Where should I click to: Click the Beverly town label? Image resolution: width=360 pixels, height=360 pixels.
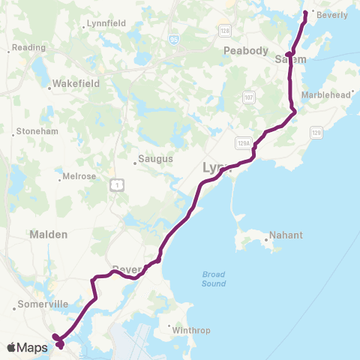tap(333, 14)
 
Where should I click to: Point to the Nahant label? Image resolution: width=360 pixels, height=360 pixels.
tap(286, 235)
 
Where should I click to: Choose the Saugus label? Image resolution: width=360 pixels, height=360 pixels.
tap(154, 159)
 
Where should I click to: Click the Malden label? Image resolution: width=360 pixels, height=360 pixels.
tap(48, 234)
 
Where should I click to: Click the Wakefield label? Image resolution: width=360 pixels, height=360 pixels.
tap(73, 86)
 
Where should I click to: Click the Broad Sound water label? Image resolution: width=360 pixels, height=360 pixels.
tap(214, 279)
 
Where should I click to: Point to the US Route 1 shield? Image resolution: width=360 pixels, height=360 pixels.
tap(115, 184)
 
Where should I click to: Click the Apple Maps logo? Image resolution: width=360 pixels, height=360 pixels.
tap(27, 347)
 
